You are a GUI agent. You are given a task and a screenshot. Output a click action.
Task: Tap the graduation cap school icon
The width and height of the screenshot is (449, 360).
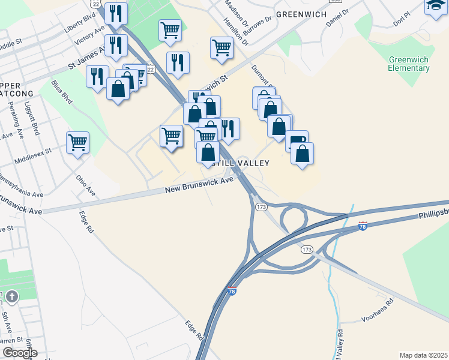(435, 6)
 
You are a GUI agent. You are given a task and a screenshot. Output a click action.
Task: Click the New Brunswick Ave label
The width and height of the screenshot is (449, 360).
(199, 185)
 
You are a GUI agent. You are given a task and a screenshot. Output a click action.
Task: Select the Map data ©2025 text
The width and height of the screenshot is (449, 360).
(423, 355)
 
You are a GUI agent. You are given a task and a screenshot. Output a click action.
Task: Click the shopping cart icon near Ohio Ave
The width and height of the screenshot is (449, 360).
(77, 143)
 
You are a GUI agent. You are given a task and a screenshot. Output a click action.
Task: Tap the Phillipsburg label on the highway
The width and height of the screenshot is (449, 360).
(432, 213)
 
